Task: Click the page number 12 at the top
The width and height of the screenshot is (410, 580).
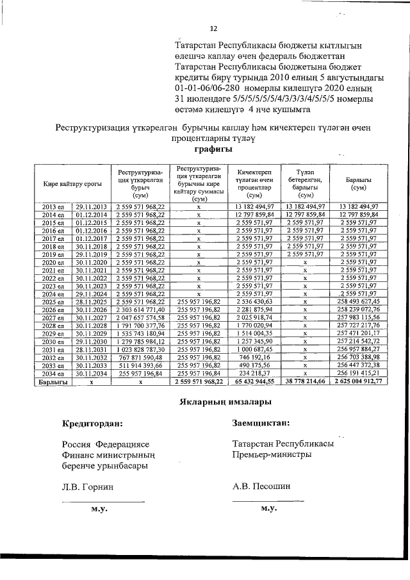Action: [x=214, y=28]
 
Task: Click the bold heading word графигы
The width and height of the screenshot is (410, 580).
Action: [x=213, y=149]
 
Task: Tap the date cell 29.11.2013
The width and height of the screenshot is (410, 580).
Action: [x=90, y=206]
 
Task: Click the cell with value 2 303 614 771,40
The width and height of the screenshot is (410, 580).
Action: [x=141, y=310]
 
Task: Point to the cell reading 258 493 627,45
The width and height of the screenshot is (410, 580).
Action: [x=357, y=301]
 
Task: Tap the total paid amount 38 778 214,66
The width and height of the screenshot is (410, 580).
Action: [x=304, y=381]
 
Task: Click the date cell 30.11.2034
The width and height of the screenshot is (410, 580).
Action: [x=90, y=372]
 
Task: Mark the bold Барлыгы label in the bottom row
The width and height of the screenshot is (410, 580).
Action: [x=50, y=381]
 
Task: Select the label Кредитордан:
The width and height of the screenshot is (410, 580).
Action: [x=93, y=424]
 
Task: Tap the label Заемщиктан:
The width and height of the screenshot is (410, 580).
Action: [x=262, y=423]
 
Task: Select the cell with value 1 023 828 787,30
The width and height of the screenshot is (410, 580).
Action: [x=141, y=349]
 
